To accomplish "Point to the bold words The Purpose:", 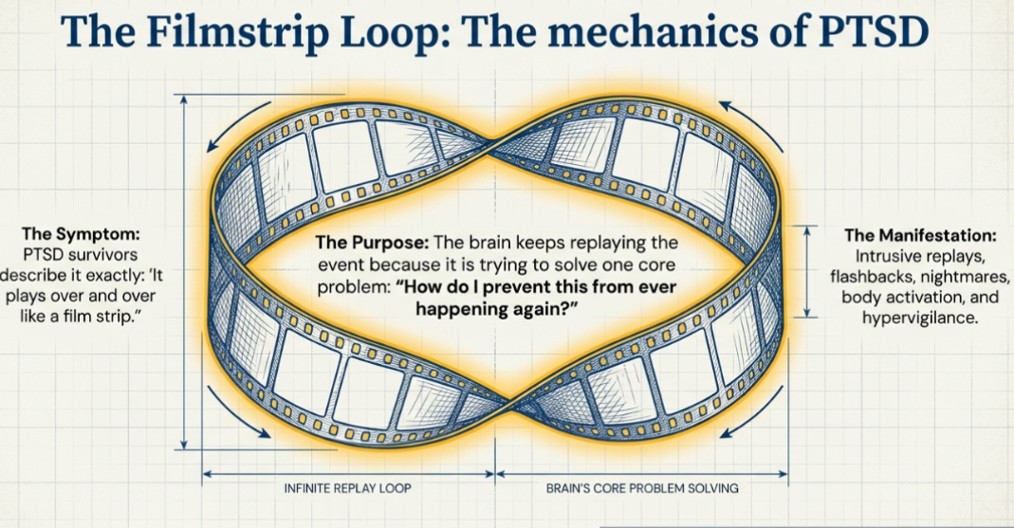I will point(363,244).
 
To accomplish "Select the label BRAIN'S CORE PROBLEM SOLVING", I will point(642,489).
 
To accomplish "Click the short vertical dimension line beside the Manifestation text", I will point(805,271).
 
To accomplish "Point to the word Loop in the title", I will point(426,33).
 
